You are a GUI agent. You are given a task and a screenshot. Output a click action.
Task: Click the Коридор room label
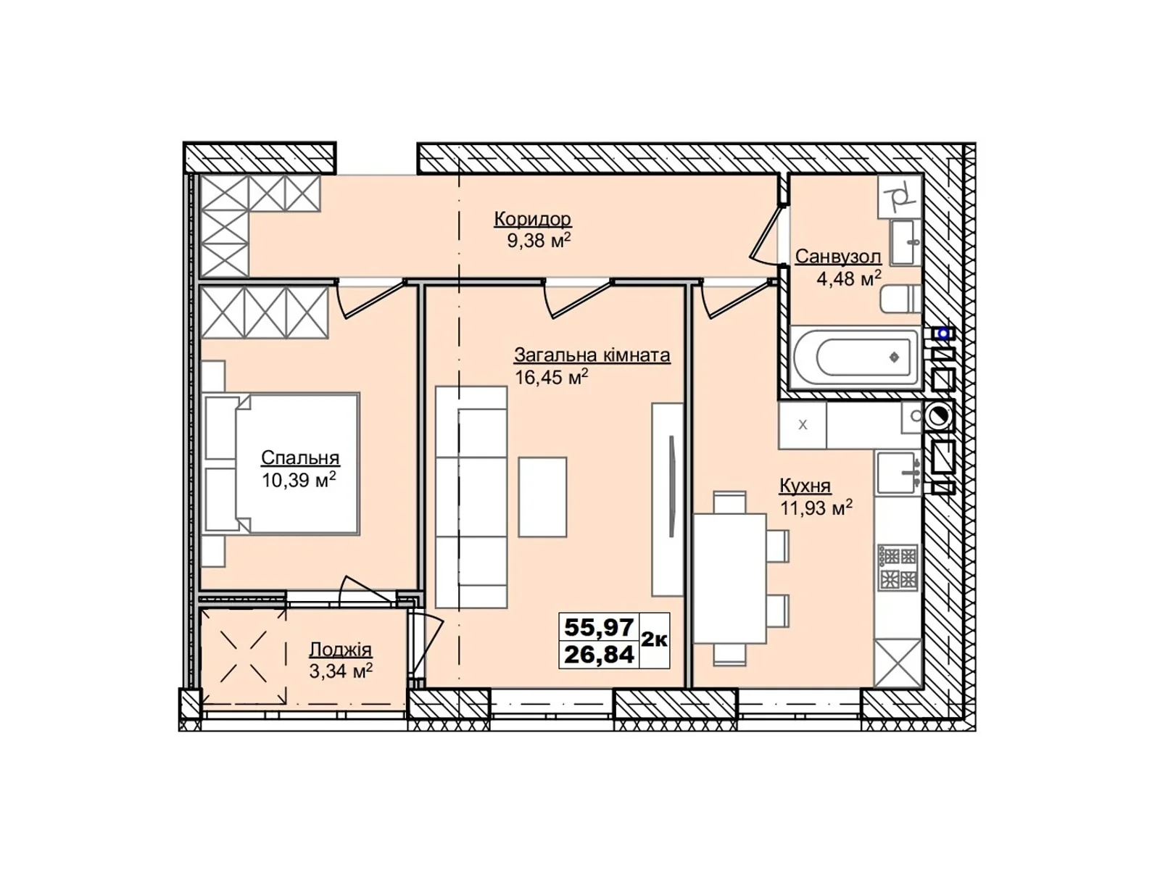(532, 218)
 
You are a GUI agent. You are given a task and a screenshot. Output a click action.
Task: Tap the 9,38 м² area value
(538, 241)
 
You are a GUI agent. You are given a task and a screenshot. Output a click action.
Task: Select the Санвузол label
(837, 257)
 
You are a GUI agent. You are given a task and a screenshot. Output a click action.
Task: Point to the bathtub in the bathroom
(855, 357)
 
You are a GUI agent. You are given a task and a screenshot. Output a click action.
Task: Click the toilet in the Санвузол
(900, 299)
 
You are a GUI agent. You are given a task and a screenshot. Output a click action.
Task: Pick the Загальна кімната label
(592, 355)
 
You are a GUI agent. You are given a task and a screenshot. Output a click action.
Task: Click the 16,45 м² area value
(551, 377)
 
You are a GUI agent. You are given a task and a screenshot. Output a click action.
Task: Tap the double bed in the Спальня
(283, 464)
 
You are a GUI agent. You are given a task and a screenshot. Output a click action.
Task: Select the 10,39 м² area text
(299, 480)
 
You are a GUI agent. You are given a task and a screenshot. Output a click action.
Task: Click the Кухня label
(805, 486)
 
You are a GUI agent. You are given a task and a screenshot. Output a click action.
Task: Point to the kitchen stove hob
(898, 568)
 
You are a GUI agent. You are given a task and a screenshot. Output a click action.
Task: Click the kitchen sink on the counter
(898, 472)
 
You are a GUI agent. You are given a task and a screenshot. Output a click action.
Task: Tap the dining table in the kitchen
(730, 578)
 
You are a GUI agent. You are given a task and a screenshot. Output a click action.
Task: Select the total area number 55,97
(599, 626)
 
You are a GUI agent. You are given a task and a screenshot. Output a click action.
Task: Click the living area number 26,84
(599, 655)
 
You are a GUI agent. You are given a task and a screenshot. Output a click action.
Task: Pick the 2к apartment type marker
(655, 639)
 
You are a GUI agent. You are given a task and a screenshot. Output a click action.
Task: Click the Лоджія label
(340, 650)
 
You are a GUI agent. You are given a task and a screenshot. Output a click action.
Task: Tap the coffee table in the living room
(542, 497)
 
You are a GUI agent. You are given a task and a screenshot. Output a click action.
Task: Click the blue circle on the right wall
(943, 333)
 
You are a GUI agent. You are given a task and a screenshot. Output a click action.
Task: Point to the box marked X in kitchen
(802, 426)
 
